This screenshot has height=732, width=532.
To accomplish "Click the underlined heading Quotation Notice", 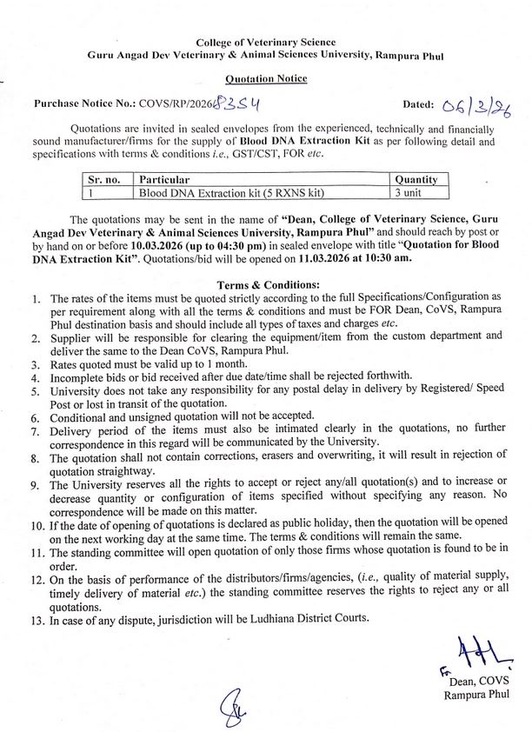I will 266,78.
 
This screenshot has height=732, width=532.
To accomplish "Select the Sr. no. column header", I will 106,179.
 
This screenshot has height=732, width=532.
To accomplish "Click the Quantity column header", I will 416,179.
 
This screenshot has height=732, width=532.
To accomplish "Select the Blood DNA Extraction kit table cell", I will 205,192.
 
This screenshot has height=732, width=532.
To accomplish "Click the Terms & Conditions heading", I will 265,283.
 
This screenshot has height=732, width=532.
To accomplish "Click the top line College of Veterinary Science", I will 266,42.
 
